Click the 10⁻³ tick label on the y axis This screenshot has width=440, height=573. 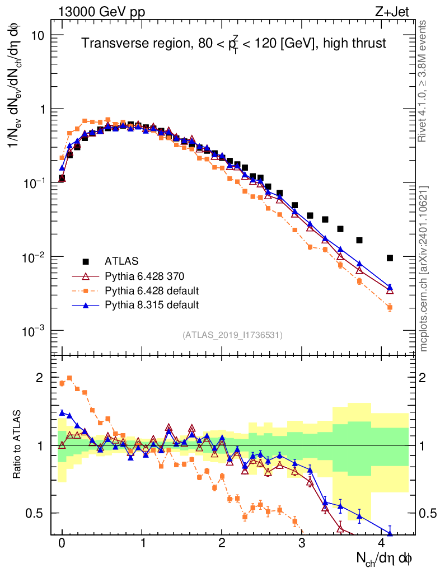(34, 331)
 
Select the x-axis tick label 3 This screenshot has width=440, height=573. (301, 544)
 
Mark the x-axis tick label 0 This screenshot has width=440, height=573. (62, 544)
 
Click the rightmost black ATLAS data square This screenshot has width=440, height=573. (390, 258)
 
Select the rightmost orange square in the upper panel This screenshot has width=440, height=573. (390, 307)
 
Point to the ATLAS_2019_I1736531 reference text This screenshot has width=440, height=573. (232, 335)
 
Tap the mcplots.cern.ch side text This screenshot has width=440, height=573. (424, 268)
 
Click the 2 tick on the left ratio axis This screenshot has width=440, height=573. (39, 378)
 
